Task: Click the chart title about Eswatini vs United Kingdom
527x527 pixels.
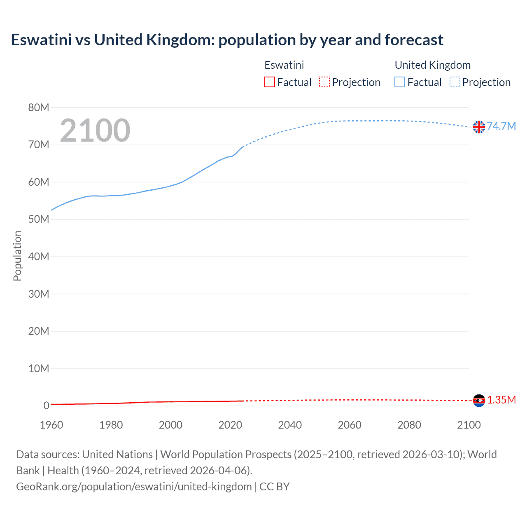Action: click(227, 40)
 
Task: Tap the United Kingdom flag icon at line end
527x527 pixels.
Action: click(479, 127)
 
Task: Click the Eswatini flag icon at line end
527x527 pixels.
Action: click(479, 400)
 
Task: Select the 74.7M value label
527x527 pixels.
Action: click(501, 126)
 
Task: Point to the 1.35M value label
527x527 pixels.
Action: click(501, 400)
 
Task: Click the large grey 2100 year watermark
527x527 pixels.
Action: click(95, 131)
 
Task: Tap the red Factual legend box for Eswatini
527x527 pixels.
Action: click(270, 82)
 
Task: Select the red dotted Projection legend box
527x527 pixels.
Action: click(324, 82)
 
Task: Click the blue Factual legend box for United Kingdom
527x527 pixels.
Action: click(400, 82)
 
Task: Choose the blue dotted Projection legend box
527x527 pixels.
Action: click(455, 82)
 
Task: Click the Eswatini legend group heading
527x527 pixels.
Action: click(284, 65)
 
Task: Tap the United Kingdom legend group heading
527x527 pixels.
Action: click(432, 65)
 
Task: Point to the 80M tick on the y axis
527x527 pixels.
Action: click(39, 107)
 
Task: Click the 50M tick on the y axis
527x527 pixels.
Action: click(39, 219)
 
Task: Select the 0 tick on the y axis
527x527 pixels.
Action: click(46, 406)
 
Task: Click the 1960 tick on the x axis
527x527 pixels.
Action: click(51, 425)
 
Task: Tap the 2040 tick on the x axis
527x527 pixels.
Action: click(290, 425)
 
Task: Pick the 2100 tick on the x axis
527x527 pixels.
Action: click(469, 425)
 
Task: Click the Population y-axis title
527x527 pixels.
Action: click(17, 256)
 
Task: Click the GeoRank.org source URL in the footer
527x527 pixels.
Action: click(134, 487)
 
